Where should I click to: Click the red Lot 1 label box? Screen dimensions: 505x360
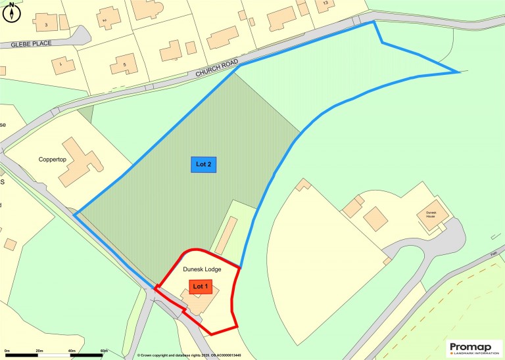[x=201, y=286]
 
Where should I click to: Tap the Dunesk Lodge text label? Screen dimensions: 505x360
[x=201, y=269]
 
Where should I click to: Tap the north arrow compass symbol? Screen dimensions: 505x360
[x=11, y=11]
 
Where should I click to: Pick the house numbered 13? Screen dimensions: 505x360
[x=324, y=5]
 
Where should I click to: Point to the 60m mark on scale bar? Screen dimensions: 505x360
[x=104, y=351]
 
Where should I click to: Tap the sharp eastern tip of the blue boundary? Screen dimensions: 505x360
[x=458, y=72]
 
